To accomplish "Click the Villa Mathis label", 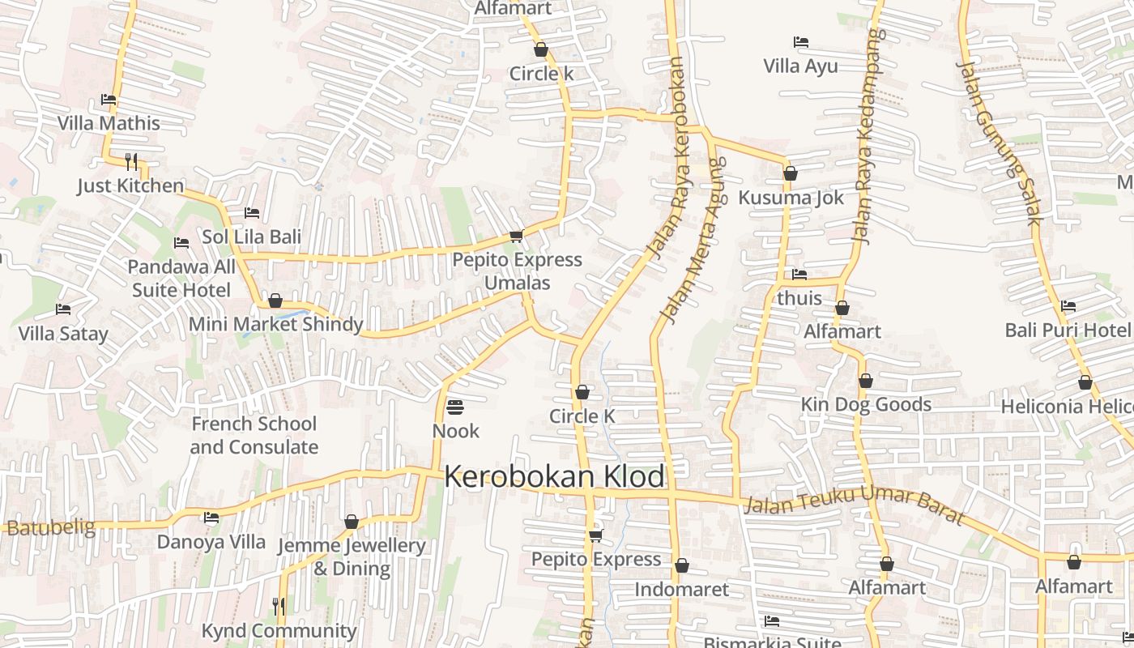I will point(109,123).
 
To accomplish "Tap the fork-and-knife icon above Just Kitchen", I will point(131,161).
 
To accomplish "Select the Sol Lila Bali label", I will point(251,237).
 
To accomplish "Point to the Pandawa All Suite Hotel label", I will point(181,278).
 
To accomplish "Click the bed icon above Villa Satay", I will point(63,309).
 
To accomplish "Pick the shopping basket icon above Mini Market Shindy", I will point(275,301).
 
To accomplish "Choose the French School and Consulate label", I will point(254,435).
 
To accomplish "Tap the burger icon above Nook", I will point(455,407).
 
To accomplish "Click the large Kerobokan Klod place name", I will point(555,477).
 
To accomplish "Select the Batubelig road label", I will point(48,528).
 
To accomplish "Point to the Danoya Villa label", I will point(211,542).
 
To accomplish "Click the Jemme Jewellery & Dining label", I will point(352,556).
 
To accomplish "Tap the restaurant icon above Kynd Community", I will point(279,606).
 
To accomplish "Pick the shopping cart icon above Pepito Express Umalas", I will point(516,237).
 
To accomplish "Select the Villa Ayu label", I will point(800,66).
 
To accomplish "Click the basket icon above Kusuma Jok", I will point(791,173).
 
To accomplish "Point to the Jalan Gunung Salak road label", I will point(999,142).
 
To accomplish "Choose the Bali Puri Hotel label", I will point(1067,330).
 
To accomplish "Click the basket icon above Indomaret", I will point(682,565).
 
